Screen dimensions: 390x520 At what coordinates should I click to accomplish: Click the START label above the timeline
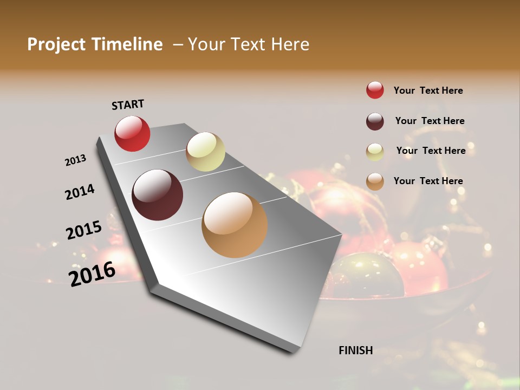coord(128,105)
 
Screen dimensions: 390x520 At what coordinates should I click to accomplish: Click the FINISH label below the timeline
coord(355,350)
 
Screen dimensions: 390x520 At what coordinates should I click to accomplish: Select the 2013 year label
coord(76,160)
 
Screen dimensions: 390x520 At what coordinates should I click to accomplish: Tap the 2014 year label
coord(80,192)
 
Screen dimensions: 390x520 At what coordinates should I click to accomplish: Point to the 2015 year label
coord(84,230)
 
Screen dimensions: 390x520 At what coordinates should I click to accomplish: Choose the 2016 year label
coord(92,274)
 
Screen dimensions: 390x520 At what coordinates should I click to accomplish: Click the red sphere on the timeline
coord(132,134)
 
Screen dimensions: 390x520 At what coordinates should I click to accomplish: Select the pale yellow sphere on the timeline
coord(205,152)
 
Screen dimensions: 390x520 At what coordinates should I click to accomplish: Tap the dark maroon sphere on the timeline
coord(158,195)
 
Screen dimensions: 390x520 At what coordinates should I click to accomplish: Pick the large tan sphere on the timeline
coord(235,225)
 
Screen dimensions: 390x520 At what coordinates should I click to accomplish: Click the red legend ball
coord(375,90)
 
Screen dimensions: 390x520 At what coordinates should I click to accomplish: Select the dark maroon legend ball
coord(375,121)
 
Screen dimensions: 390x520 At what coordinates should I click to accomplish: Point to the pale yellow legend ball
coord(375,152)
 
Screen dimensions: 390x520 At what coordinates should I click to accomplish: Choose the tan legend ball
coord(375,181)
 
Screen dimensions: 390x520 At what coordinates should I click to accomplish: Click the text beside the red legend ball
coord(428,90)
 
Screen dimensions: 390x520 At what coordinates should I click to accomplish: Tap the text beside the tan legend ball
coord(428,181)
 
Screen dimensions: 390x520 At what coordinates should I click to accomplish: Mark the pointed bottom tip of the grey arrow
coord(295,351)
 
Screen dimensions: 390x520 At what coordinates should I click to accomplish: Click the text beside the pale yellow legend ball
coord(431,151)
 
